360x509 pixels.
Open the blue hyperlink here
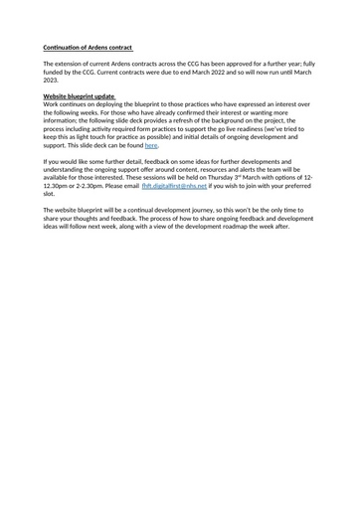(151, 145)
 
